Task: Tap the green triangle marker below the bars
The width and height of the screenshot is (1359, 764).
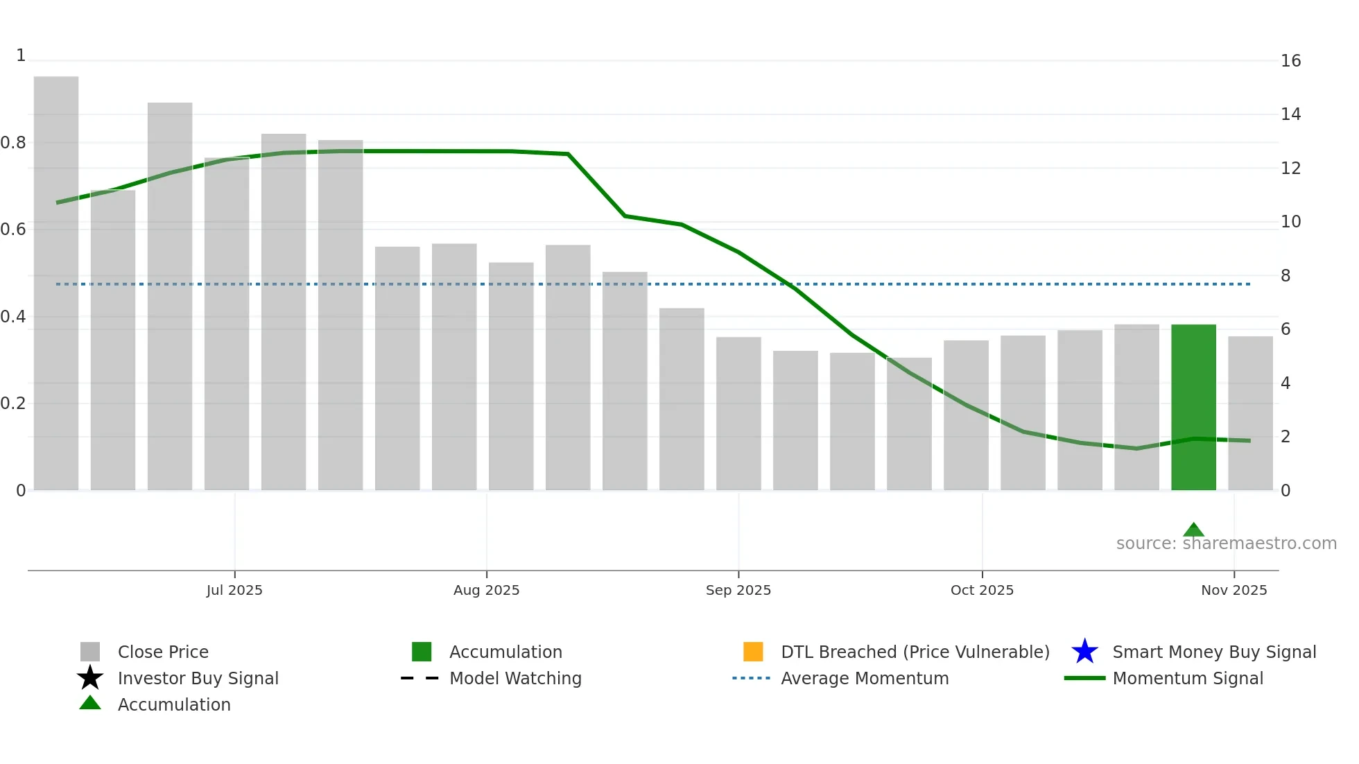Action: click(1193, 530)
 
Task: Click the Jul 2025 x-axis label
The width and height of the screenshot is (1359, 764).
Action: click(234, 590)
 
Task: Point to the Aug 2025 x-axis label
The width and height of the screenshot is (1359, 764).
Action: click(486, 590)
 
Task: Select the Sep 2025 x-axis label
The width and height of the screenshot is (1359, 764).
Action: click(738, 590)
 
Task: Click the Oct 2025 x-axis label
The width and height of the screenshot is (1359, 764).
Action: click(982, 590)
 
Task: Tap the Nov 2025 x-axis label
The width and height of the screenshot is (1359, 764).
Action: click(1234, 590)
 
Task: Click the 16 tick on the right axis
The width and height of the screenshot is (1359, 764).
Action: click(1290, 61)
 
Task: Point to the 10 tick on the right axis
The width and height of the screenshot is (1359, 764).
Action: click(1290, 222)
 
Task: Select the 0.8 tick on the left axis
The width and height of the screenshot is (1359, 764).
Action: click(13, 143)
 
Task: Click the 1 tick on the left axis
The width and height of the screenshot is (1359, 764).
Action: click(21, 55)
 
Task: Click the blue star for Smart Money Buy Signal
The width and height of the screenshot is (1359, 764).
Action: click(1084, 652)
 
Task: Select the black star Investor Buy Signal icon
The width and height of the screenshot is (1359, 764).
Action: click(90, 678)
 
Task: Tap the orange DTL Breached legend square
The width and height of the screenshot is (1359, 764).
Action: click(753, 652)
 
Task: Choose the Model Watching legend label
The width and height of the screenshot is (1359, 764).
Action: click(515, 678)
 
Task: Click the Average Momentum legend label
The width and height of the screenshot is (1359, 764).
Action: click(865, 678)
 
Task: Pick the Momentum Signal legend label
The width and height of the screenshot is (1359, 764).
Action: click(1188, 678)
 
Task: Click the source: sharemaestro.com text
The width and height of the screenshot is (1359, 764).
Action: click(1226, 544)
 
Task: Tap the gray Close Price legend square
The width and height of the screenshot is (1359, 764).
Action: click(90, 652)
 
